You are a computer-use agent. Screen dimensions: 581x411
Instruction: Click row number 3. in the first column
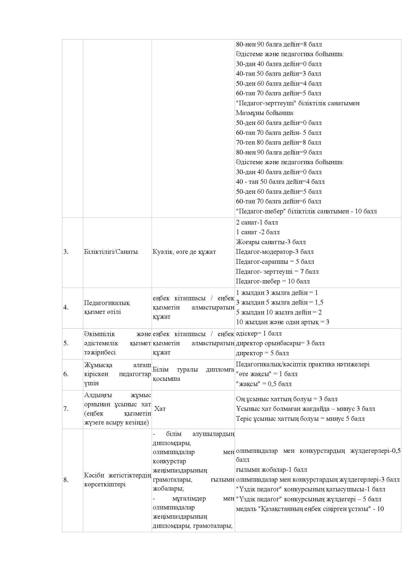point(66,252)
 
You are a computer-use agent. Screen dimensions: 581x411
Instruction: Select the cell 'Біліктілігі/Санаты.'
point(112,252)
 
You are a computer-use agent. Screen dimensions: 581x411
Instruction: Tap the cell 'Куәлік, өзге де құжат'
point(184,252)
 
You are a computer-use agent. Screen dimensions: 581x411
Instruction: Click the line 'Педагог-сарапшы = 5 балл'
point(275,262)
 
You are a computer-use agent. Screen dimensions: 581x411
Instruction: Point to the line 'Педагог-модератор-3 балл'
point(275,252)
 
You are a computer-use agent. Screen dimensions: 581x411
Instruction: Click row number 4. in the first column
point(66,308)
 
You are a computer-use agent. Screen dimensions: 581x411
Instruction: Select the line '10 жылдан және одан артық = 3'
point(283,322)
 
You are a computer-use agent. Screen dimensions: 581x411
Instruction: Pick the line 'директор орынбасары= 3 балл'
point(280,343)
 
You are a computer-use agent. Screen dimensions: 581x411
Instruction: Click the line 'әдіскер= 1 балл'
point(259,334)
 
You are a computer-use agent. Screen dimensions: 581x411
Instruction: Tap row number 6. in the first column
point(66,374)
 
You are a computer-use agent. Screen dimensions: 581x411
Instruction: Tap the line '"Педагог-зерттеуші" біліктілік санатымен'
point(298,103)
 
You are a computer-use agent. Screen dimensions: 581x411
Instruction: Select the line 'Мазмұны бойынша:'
point(265,113)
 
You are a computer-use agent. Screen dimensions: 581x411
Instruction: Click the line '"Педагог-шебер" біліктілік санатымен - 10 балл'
point(306,211)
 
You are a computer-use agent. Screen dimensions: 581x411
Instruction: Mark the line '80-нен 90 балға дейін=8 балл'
point(279,44)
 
